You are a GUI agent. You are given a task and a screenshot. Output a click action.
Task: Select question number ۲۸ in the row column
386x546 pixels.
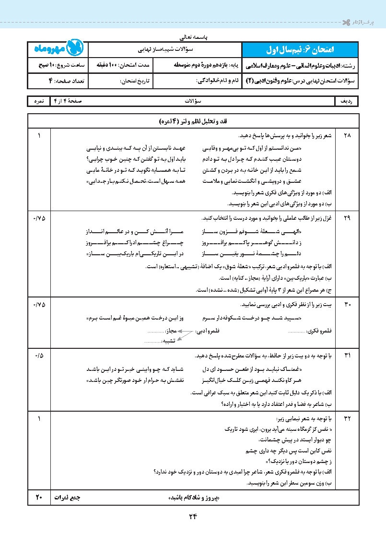[x=347, y=136]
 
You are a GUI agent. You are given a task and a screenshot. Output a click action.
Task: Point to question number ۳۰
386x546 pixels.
[x=347, y=305]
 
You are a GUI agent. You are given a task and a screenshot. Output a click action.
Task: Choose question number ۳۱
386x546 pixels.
[x=347, y=356]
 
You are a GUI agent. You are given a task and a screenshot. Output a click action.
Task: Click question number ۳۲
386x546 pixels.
[x=347, y=419]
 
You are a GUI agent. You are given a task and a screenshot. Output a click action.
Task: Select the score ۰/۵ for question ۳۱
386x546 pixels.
[x=39, y=356]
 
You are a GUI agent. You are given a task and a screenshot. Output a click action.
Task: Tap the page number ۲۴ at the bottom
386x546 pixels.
[x=193, y=517]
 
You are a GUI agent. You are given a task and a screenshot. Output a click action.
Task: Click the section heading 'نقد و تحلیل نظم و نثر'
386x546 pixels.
[x=193, y=122]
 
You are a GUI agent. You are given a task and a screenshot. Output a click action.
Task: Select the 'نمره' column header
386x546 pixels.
[x=39, y=102]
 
